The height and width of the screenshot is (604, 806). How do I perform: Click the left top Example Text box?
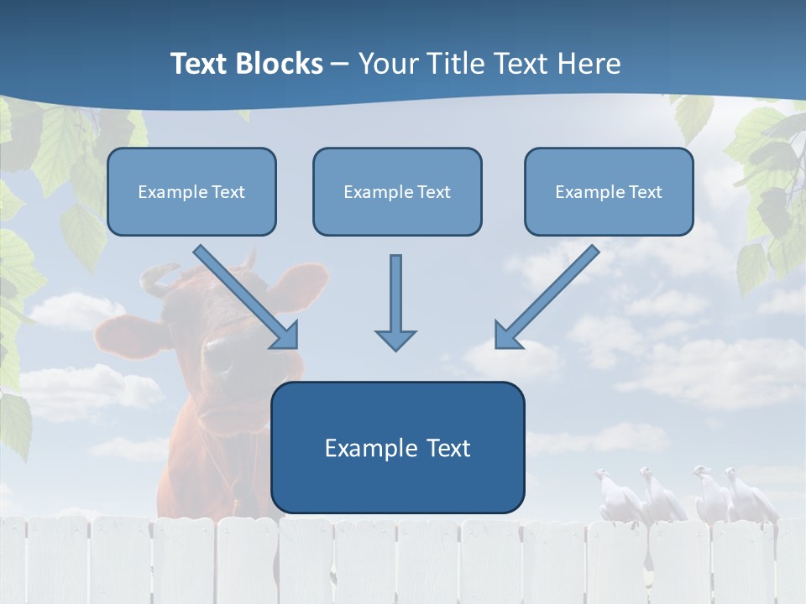click(x=191, y=192)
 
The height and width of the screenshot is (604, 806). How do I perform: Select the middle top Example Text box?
click(x=397, y=192)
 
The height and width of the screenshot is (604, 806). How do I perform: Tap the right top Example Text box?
click(x=609, y=192)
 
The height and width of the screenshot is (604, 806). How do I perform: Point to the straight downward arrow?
click(x=395, y=302)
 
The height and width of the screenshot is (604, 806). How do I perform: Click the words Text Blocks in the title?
click(x=246, y=64)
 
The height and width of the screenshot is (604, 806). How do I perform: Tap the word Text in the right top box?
click(x=645, y=192)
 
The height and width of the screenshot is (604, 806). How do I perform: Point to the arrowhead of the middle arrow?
click(x=395, y=339)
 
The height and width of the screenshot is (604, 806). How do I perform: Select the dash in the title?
click(x=340, y=64)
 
